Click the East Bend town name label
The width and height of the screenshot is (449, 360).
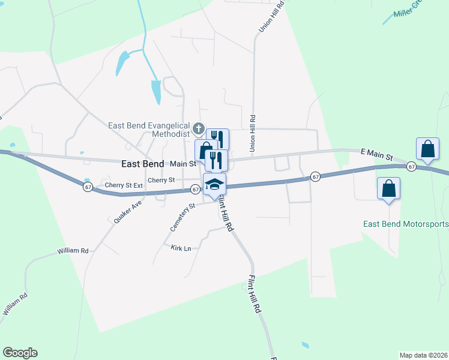(142, 163)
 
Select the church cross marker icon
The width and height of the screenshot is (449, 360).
(199, 128)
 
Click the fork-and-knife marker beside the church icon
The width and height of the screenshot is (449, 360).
(218, 139)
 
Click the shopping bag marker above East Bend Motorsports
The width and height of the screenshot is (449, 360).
(389, 188)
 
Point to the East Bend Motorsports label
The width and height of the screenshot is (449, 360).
(406, 224)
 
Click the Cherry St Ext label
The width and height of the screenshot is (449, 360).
(124, 185)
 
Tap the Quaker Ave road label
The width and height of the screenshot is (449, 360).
(128, 212)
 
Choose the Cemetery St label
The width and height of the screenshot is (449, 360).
(183, 217)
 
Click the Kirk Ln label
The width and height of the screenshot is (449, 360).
(180, 248)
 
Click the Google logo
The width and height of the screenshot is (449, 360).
(20, 353)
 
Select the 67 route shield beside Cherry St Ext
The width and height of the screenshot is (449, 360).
(88, 187)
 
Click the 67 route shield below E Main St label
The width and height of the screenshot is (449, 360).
(411, 166)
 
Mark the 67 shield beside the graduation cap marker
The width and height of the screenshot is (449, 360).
(195, 189)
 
